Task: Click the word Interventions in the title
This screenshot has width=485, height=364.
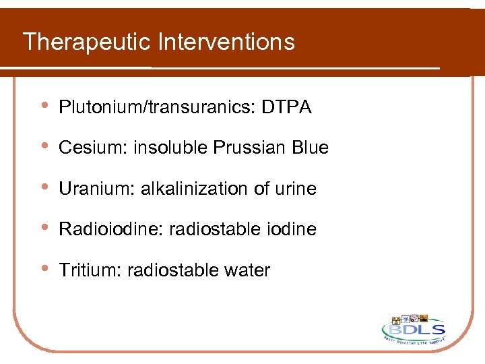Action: tap(226, 42)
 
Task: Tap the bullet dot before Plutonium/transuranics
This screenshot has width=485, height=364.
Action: tap(44, 106)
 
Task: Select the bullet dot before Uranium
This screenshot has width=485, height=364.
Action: tap(44, 187)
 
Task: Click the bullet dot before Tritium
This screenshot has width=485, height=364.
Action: tap(44, 269)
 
